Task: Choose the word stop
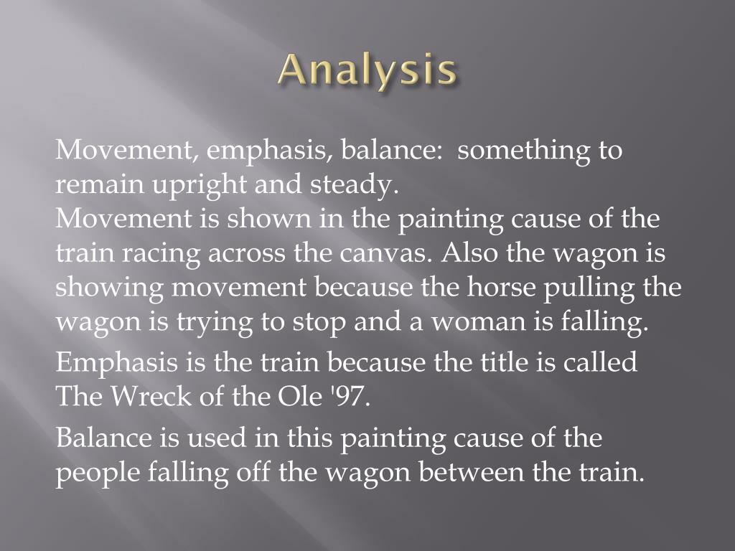[x=321, y=323]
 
